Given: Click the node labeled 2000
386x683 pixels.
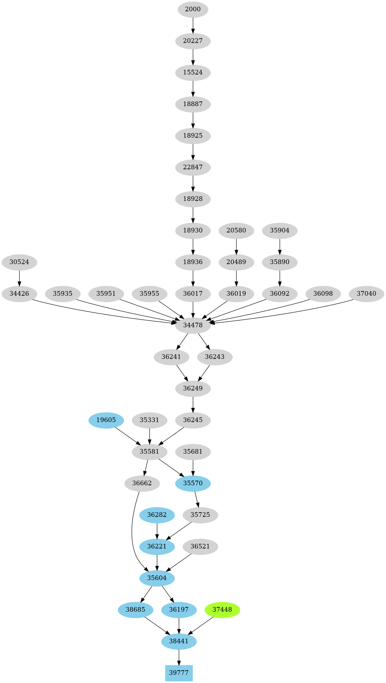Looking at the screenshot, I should (x=193, y=9).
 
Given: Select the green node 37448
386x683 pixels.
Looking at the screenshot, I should (x=222, y=610).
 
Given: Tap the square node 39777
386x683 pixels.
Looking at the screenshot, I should (x=179, y=673).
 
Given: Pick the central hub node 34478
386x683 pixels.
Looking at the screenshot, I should (x=193, y=325).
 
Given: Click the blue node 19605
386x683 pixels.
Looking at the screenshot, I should (x=106, y=420).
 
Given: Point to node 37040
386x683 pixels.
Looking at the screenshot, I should (x=366, y=294).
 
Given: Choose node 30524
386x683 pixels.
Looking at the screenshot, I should (x=19, y=262).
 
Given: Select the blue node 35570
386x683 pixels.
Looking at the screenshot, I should (x=193, y=483).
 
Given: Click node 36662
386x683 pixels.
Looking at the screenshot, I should (x=142, y=483).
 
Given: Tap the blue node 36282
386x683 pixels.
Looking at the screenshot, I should (x=157, y=515).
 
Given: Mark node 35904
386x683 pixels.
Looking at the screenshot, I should (x=279, y=230).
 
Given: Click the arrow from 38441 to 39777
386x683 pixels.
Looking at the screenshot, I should (x=179, y=657).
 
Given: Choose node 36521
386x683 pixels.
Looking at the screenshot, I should (x=200, y=546).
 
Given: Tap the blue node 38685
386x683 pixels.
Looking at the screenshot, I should (x=135, y=610).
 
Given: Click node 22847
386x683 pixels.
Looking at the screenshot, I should (x=193, y=167).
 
